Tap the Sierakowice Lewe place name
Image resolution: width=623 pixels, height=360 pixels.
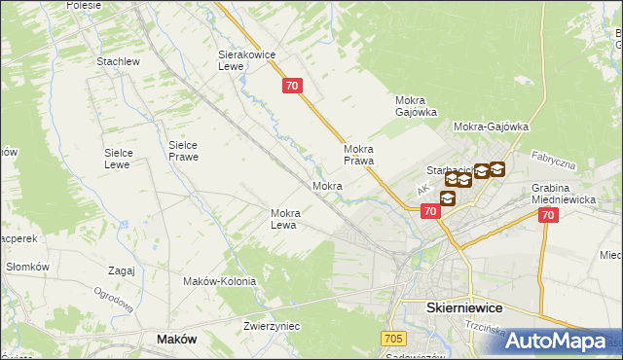point(243,61)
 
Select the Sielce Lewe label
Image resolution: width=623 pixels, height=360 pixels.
point(125,159)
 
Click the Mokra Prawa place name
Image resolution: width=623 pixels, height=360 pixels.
point(359,155)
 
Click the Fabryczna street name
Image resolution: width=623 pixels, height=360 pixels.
point(553,160)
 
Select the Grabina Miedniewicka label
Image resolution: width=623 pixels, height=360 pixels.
point(563,193)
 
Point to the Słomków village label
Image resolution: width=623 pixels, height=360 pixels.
point(27,267)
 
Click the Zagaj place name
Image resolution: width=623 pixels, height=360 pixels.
point(122,270)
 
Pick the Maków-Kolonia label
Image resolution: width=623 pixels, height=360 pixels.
point(219,281)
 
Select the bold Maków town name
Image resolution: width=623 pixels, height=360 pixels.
point(177,339)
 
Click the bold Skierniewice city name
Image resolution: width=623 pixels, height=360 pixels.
point(464,306)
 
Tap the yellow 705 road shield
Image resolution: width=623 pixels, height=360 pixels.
point(393,338)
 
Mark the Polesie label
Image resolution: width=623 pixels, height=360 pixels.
point(85,5)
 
